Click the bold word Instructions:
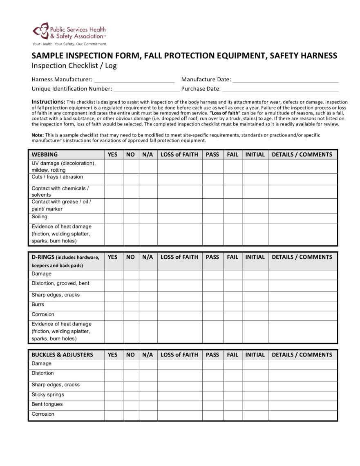(48, 102)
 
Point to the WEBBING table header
(45, 155)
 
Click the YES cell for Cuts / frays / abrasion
(114, 179)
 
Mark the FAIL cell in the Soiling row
(233, 218)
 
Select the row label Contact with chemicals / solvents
(60, 191)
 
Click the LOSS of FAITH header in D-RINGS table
(179, 257)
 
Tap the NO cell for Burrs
(131, 306)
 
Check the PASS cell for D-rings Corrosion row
(212, 316)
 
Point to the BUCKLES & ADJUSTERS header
(62, 355)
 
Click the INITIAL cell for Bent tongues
(255, 406)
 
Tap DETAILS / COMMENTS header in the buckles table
(302, 355)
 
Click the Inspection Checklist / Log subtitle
(74, 66)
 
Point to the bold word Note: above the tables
(38, 135)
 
